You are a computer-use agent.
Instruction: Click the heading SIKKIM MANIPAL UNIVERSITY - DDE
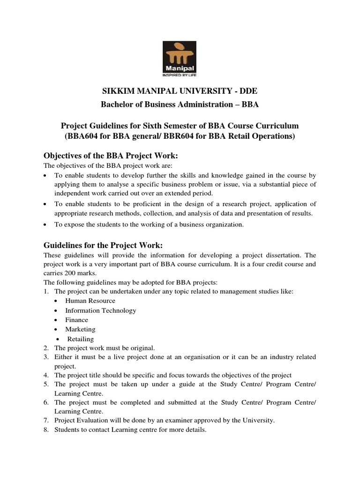pos(180,90)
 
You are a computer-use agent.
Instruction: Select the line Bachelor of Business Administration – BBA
pos(180,104)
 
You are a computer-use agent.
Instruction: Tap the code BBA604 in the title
pos(86,137)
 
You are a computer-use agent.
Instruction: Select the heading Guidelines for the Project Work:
pos(104,245)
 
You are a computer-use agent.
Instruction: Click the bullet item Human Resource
pos(90,300)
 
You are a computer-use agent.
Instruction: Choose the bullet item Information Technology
pos(101,310)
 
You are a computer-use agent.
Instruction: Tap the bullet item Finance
pos(76,320)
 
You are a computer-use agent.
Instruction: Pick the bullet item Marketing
pos(80,329)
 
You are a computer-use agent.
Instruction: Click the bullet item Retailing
pos(81,338)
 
